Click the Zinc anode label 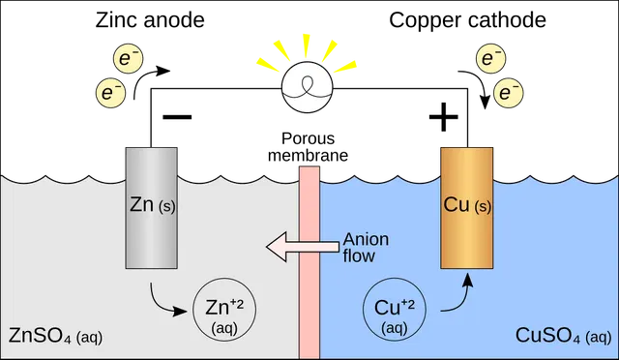tap(150, 19)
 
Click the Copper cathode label tap(468, 19)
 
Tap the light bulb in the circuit tap(308, 87)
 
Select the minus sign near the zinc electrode tap(177, 116)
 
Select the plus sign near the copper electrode tap(444, 116)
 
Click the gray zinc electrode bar tap(152, 208)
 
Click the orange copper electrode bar tap(466, 208)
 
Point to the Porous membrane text tap(308, 147)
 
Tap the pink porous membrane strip tap(309, 262)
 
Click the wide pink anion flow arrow tap(303, 247)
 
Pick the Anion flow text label tap(366, 248)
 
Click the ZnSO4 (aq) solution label tap(55, 336)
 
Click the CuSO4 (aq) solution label tap(563, 336)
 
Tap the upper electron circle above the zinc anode tap(129, 58)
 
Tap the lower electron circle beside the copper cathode tap(509, 93)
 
